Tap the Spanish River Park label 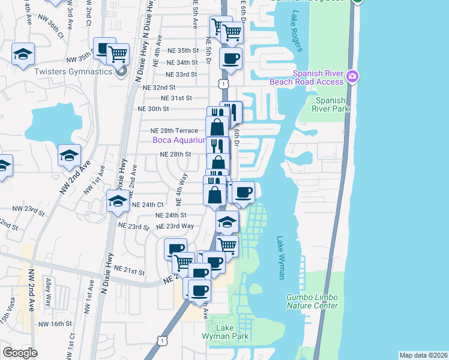click(331, 104)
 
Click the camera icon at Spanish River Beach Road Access click(352, 76)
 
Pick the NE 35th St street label click(183, 50)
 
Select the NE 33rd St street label click(182, 74)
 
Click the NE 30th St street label click(154, 109)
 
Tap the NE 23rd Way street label click(175, 226)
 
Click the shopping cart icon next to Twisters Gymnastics click(119, 54)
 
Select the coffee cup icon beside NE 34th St click(231, 58)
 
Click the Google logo click(20, 353)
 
